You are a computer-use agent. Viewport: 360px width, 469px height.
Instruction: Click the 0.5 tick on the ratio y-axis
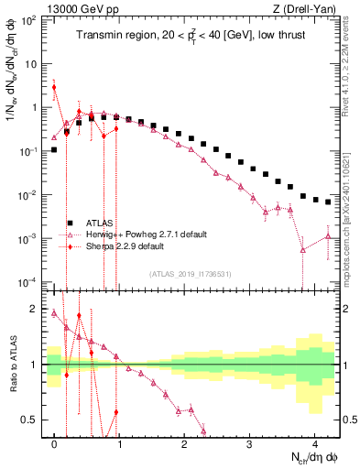[x=35, y=420]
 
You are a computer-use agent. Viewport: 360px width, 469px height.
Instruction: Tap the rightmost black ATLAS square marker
[x=328, y=202]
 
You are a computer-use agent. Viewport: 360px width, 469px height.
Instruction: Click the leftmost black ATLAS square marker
[x=55, y=149]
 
